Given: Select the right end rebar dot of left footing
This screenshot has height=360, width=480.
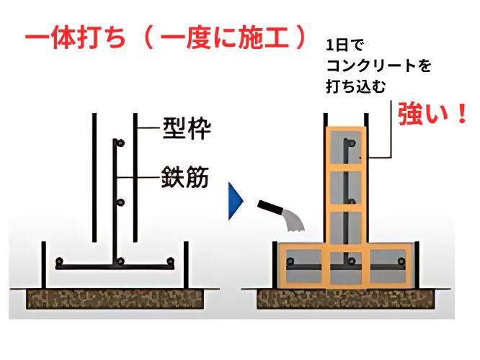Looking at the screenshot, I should [170, 261].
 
